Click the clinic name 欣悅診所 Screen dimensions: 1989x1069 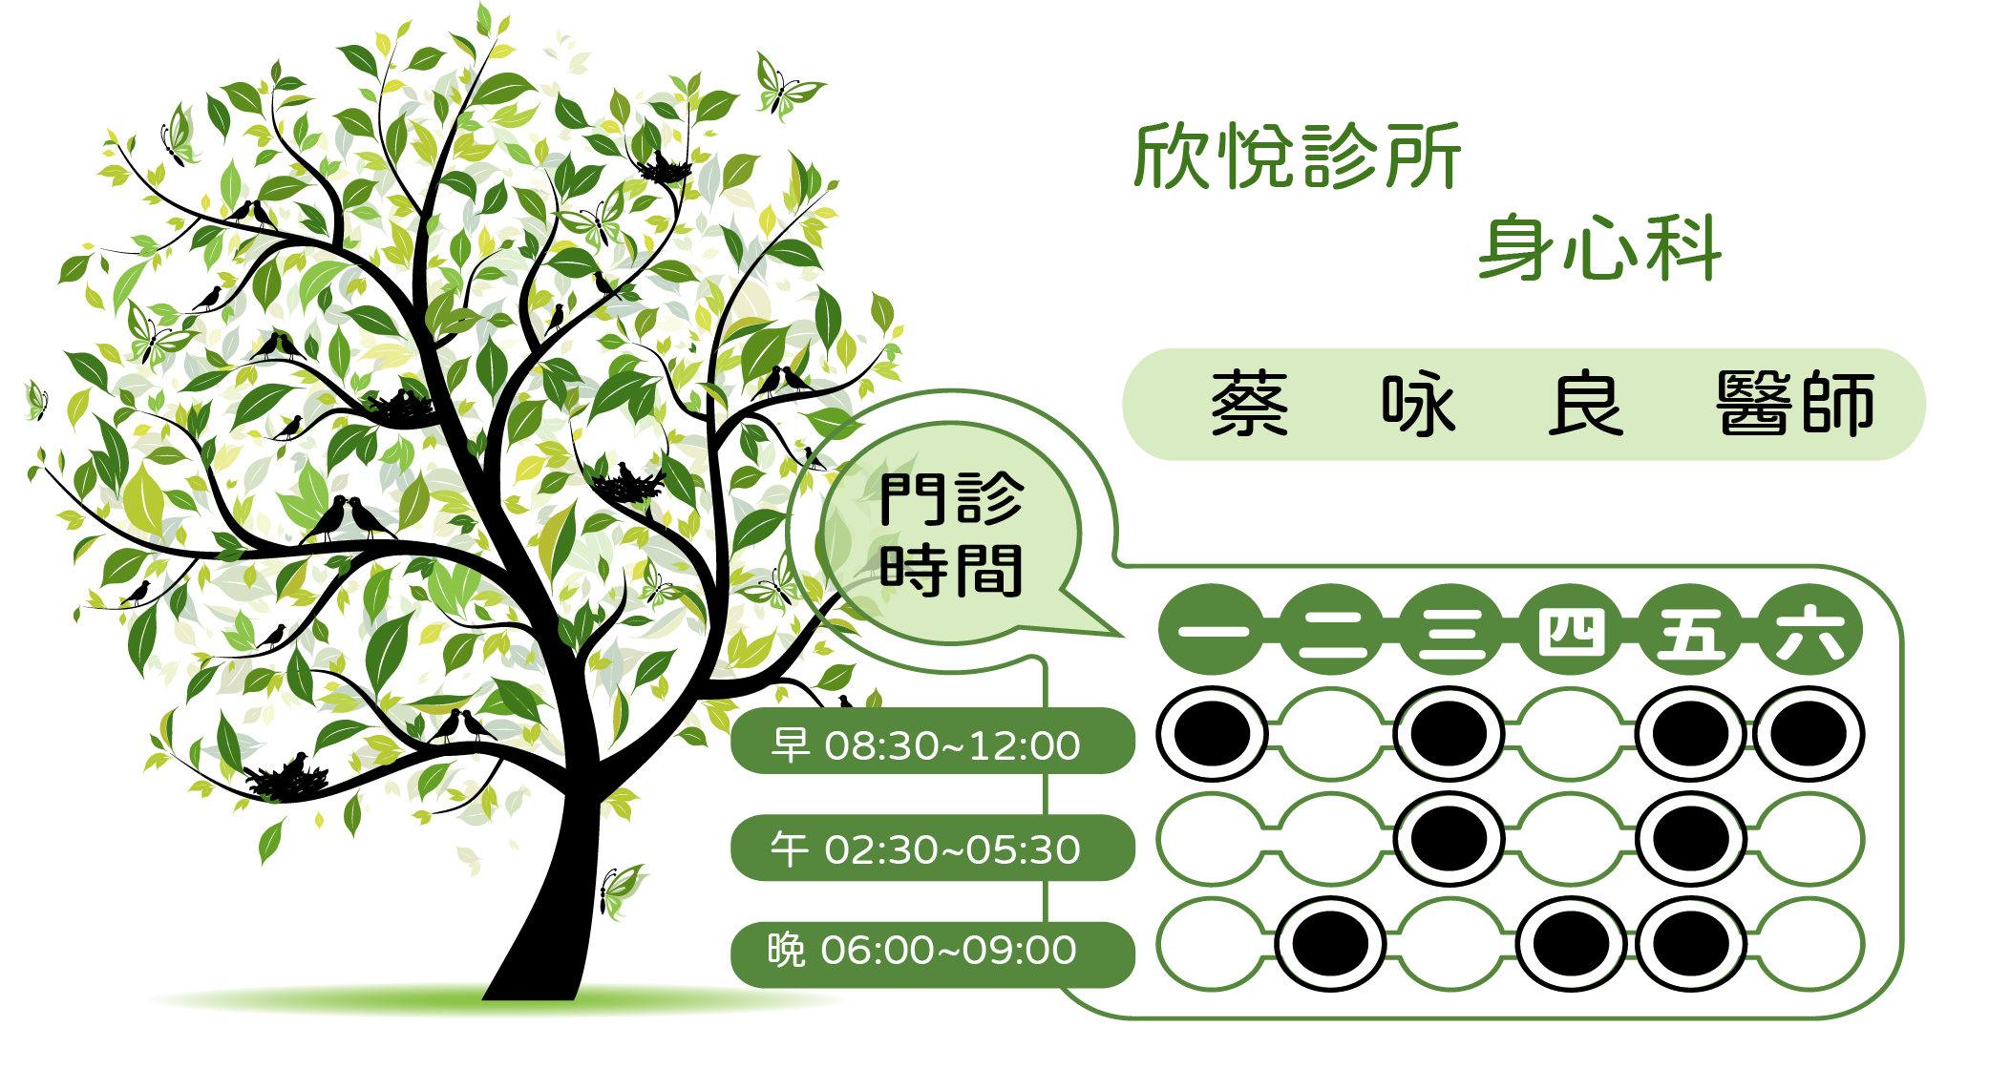pyautogui.click(x=1297, y=156)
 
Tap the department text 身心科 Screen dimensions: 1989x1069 pyautogui.click(x=1600, y=248)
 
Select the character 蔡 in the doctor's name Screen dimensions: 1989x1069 pyautogui.click(x=1250, y=404)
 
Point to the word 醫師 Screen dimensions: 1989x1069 pyautogui.click(x=1796, y=404)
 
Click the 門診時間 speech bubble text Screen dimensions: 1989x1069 pyautogui.click(x=951, y=534)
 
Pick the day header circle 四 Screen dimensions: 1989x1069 pyautogui.click(x=1571, y=630)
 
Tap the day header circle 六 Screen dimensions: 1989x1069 pyautogui.click(x=1809, y=630)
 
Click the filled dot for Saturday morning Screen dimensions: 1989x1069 pyautogui.click(x=1809, y=734)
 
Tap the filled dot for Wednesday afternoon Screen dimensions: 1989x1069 pyautogui.click(x=1449, y=839)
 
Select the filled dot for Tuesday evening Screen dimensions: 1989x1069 pyautogui.click(x=1330, y=944)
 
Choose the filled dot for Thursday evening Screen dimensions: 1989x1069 pyautogui.click(x=1571, y=944)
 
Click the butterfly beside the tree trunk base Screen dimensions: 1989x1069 pyautogui.click(x=621, y=891)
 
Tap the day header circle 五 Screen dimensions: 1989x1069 pyautogui.click(x=1691, y=630)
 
